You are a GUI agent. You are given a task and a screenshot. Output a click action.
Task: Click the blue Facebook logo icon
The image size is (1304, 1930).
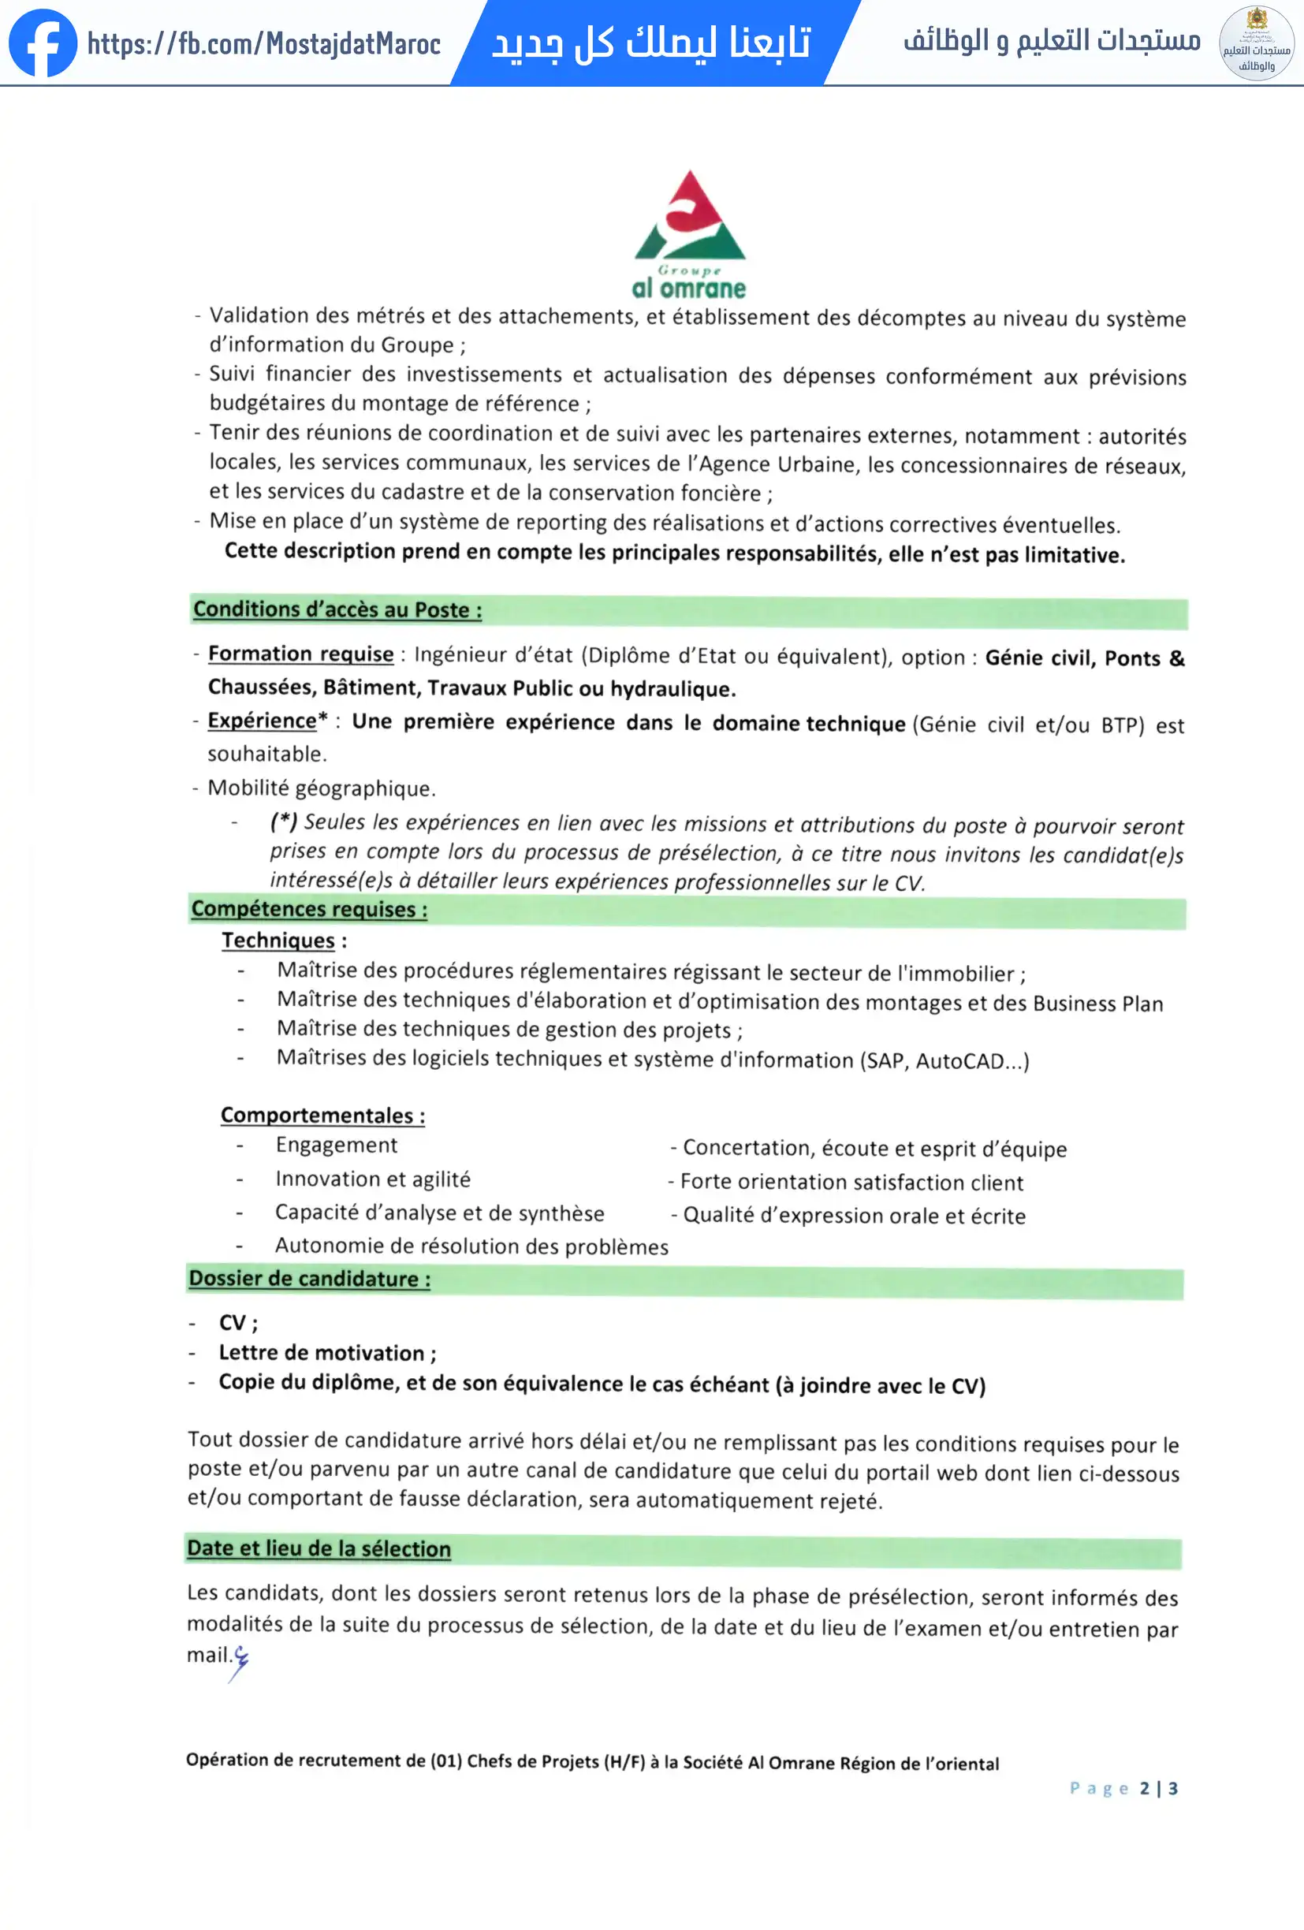click(x=43, y=43)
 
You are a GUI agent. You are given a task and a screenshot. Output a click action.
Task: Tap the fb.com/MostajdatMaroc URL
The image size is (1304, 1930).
click(x=263, y=43)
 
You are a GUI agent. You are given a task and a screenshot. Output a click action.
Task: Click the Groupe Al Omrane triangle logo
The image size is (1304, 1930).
click(x=689, y=218)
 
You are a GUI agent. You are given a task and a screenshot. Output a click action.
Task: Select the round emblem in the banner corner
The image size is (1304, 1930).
click(x=1256, y=43)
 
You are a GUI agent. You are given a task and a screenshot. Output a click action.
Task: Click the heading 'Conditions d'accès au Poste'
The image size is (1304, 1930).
click(x=337, y=609)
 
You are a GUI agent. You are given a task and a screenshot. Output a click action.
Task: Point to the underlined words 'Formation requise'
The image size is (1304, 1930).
click(x=300, y=654)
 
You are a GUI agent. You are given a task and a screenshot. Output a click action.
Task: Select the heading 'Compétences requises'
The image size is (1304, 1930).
click(x=309, y=909)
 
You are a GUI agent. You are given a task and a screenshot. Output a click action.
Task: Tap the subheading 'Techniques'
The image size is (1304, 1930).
click(x=278, y=940)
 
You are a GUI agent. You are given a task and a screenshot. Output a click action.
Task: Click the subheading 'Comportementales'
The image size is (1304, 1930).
click(x=322, y=1116)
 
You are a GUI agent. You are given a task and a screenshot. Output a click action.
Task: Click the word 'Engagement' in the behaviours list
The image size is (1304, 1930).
click(x=337, y=1146)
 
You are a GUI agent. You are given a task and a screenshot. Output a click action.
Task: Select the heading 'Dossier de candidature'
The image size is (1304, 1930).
click(x=309, y=1279)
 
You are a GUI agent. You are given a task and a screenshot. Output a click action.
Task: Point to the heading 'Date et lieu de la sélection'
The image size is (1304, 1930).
click(x=319, y=1549)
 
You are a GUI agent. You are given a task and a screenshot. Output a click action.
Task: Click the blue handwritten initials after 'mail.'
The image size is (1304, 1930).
click(x=239, y=1660)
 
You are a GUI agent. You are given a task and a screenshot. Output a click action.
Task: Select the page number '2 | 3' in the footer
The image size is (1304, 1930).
click(x=1159, y=1788)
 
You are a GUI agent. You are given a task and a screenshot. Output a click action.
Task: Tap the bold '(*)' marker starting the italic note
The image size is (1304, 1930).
click(x=283, y=822)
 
